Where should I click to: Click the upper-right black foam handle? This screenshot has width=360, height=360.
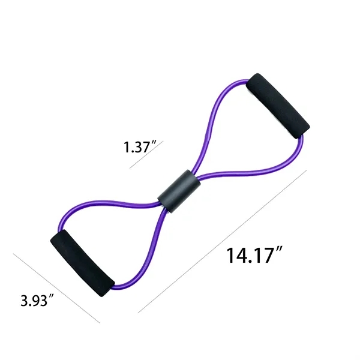[x=278, y=105]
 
